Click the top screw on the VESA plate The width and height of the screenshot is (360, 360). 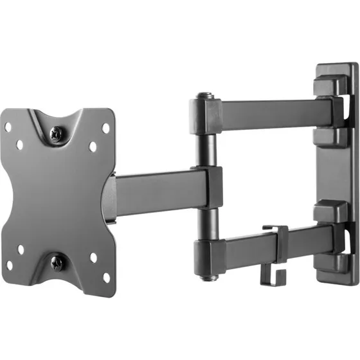point(57,134)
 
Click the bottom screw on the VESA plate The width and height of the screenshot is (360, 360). point(57,262)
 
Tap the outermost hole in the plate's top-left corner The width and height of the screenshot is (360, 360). point(8,127)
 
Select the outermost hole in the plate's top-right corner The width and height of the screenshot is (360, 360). point(107,128)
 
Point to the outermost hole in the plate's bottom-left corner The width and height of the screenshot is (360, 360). point(9,264)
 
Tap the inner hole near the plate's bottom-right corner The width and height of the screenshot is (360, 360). point(94,258)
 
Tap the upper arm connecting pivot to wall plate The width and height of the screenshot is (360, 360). point(270,116)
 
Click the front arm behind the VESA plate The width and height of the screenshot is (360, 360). point(157,191)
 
